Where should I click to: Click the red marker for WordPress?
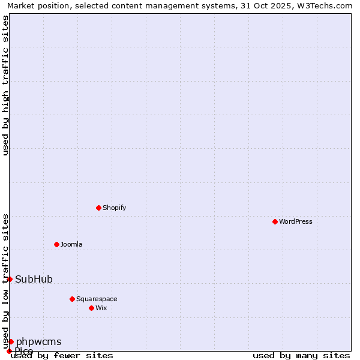click(275, 221)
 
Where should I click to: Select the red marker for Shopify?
click(98, 208)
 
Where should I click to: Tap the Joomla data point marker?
click(56, 244)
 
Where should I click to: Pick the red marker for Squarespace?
click(72, 299)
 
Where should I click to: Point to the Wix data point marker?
click(91, 308)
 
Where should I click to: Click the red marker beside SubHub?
click(10, 279)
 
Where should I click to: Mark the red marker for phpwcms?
click(11, 341)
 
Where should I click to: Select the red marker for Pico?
click(9, 351)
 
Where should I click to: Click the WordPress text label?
click(296, 221)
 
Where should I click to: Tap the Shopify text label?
click(114, 208)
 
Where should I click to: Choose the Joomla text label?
click(71, 244)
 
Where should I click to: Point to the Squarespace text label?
click(97, 299)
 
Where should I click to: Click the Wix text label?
click(101, 308)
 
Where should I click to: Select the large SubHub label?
click(34, 279)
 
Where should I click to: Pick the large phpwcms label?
click(38, 341)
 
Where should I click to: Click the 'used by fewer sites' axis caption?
click(62, 355)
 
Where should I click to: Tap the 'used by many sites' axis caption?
click(301, 355)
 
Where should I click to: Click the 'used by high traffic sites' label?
click(5, 85)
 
